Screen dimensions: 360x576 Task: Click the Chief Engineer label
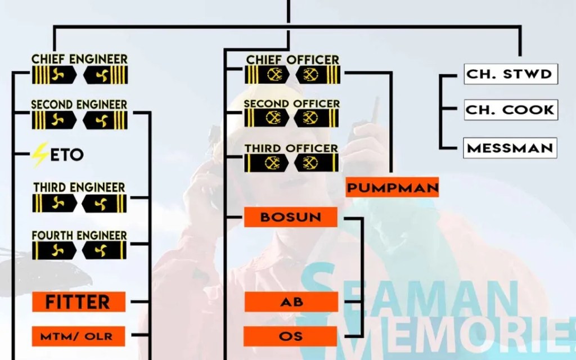pos(79,59)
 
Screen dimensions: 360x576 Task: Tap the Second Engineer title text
pos(79,105)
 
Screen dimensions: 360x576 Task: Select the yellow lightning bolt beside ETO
pos(39,155)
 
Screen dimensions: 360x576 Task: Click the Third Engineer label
pos(79,187)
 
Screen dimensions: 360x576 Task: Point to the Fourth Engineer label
pos(79,235)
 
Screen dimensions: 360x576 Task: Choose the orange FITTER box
pos(78,302)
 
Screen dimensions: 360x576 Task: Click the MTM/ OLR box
pos(78,336)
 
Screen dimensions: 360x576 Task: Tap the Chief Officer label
pos(292,59)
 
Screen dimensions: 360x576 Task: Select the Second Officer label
pos(292,103)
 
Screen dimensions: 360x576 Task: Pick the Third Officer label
pos(291,148)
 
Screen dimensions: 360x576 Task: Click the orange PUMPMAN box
pos(392,187)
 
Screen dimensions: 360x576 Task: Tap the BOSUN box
pos(291,217)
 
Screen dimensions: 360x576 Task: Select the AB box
pos(291,302)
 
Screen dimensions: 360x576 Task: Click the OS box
pos(291,336)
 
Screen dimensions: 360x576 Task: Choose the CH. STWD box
pos(511,74)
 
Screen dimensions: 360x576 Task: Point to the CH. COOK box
pos(511,110)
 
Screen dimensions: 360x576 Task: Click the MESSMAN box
pos(511,148)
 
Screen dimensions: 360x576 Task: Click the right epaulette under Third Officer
pos(317,163)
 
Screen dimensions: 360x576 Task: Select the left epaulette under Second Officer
pos(268,118)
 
